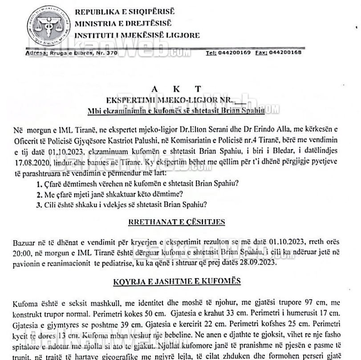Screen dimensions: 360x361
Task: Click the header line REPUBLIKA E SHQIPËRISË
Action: tap(125, 12)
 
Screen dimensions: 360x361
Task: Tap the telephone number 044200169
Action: tap(235, 53)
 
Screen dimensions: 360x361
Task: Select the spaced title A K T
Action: tap(177, 89)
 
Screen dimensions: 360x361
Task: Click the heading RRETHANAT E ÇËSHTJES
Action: tap(176, 222)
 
